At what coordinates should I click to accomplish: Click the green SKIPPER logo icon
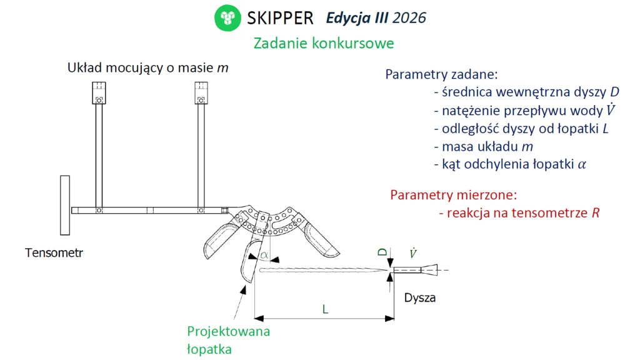pyautogui.click(x=227, y=18)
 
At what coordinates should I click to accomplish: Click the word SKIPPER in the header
pyautogui.click(x=281, y=18)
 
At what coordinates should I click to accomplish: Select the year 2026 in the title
pyautogui.click(x=409, y=18)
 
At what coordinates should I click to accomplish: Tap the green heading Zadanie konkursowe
pyautogui.click(x=324, y=43)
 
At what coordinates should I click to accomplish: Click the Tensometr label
pyautogui.click(x=54, y=252)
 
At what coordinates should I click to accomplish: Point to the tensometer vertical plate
pyautogui.click(x=65, y=205)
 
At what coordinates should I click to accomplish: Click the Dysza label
pyautogui.click(x=419, y=297)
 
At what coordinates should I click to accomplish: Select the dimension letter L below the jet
pyautogui.click(x=325, y=309)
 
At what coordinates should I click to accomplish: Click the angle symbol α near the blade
pyautogui.click(x=264, y=255)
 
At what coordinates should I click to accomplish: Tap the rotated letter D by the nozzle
pyautogui.click(x=382, y=252)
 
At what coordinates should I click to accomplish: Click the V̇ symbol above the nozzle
pyautogui.click(x=413, y=253)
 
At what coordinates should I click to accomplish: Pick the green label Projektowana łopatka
pyautogui.click(x=229, y=340)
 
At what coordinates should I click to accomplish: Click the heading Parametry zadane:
pyautogui.click(x=442, y=74)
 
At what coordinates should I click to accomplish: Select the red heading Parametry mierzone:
pyautogui.click(x=454, y=195)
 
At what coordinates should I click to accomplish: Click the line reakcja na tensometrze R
pyautogui.click(x=519, y=212)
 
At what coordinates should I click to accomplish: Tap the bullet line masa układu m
pyautogui.click(x=484, y=146)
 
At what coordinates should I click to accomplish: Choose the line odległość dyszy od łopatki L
pyautogui.click(x=521, y=129)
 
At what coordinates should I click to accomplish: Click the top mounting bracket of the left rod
pyautogui.click(x=99, y=93)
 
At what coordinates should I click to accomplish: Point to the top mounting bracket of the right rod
pyautogui.click(x=201, y=93)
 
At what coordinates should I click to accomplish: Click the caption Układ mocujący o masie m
pyautogui.click(x=147, y=67)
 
